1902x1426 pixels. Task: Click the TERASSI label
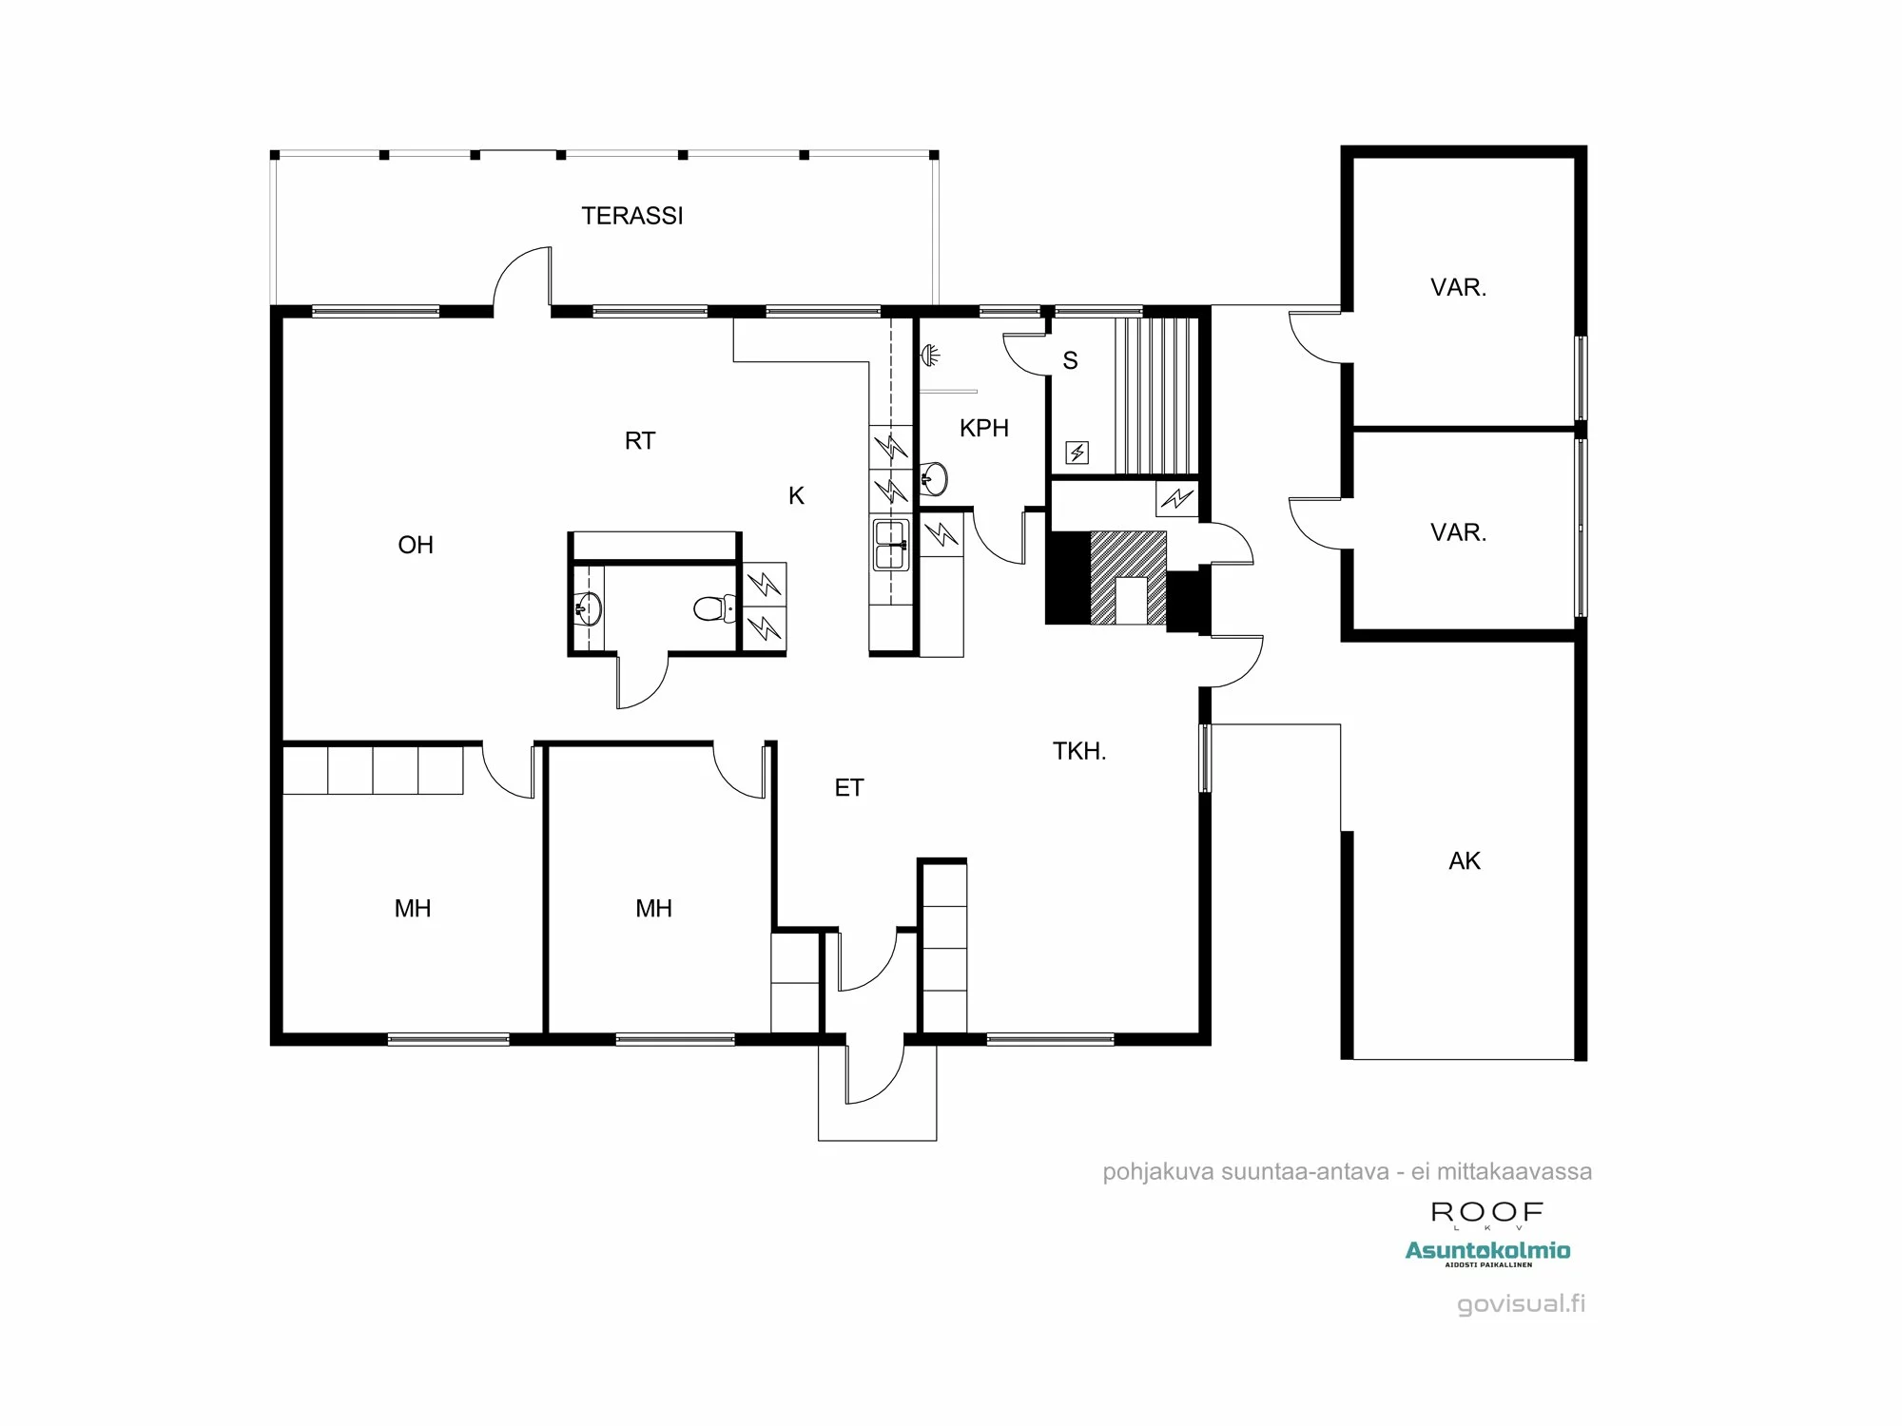click(632, 216)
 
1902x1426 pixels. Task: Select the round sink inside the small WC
click(588, 608)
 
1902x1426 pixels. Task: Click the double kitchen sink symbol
click(890, 545)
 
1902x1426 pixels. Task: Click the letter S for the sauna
click(1070, 360)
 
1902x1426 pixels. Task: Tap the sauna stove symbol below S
click(1077, 453)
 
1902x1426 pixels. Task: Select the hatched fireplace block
click(1128, 576)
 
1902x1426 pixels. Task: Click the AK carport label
click(1464, 861)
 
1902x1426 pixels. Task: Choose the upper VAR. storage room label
click(1458, 287)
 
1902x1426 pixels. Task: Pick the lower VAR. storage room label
click(1458, 532)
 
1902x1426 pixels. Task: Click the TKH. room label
click(1078, 751)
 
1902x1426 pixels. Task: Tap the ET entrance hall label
click(848, 787)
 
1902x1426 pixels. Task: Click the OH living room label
click(416, 545)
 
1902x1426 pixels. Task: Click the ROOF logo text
click(1487, 1212)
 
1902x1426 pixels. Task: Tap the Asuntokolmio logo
click(1487, 1252)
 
